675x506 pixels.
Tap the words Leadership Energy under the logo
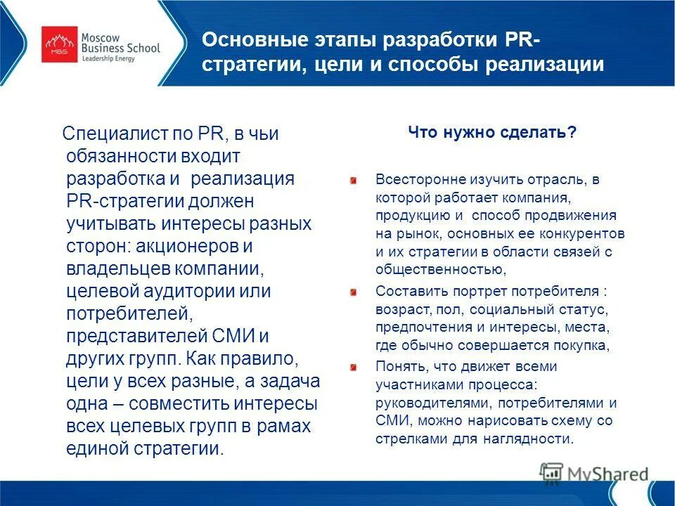[118, 59]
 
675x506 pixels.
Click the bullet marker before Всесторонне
[355, 181]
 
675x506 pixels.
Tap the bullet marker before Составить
[355, 291]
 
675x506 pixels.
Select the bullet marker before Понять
[355, 365]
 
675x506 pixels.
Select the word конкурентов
[584, 233]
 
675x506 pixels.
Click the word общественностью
[439, 269]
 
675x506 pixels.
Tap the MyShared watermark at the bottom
[595, 473]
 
